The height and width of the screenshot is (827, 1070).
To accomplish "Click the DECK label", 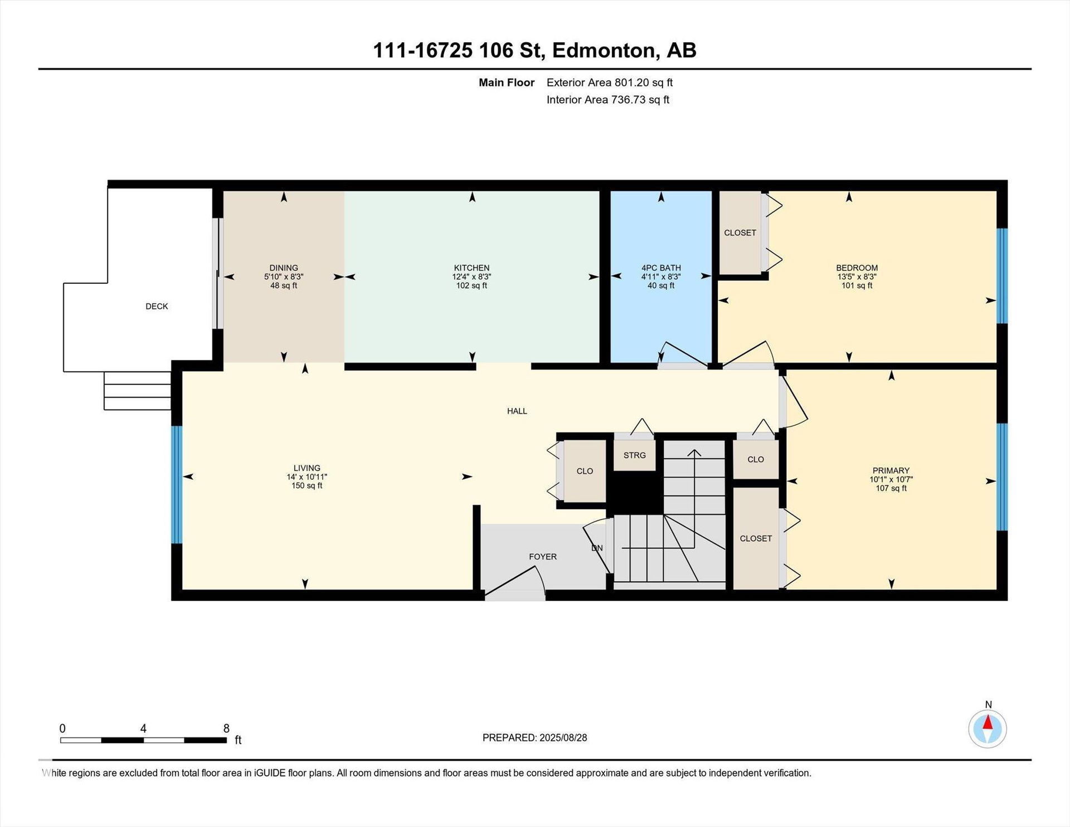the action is tap(157, 307).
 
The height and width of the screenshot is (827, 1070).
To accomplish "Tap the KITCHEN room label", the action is tap(471, 268).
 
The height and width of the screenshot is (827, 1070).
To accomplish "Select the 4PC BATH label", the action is tap(661, 268).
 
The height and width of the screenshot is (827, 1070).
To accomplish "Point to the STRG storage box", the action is tap(634, 455).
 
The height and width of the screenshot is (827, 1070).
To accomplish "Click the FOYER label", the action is tap(543, 557).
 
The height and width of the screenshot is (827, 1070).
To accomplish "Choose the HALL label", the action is tap(517, 411).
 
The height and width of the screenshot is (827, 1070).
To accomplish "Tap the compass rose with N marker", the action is tap(988, 728).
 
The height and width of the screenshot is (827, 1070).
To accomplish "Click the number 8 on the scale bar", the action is tap(226, 728).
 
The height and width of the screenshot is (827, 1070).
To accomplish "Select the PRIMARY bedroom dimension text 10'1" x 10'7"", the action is tap(891, 479).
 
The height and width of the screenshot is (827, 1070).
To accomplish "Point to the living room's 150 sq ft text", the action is tap(307, 486).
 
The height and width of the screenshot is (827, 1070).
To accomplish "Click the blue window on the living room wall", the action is tap(177, 484).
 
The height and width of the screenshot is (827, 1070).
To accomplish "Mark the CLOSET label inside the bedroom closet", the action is tap(740, 233).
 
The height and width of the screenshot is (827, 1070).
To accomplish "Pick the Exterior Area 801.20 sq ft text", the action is tap(610, 82).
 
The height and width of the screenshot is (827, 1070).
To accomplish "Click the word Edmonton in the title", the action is tap(603, 51).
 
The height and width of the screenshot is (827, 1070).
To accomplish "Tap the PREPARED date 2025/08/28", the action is tap(563, 738).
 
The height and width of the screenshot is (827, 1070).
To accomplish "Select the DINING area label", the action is tap(284, 268).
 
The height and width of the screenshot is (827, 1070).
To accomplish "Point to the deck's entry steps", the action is tap(137, 391).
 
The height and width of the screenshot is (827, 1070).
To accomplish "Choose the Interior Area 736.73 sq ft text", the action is tap(607, 100).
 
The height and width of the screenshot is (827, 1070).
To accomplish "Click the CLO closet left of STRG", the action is tap(585, 471).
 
